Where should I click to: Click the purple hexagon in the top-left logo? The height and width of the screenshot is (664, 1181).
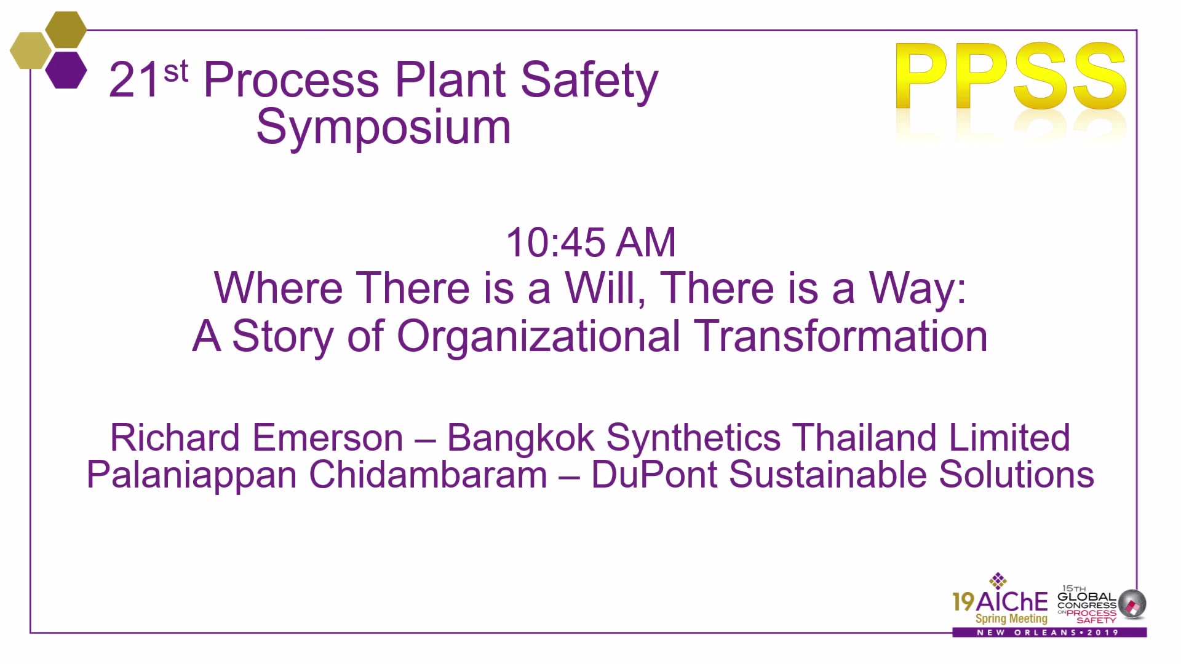(x=66, y=70)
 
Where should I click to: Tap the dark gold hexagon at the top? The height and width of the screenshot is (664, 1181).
(x=66, y=30)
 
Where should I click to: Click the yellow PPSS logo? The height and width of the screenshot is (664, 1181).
(x=1011, y=76)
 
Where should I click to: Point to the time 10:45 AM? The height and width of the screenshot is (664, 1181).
(x=590, y=242)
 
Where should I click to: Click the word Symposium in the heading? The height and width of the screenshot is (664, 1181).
(x=383, y=127)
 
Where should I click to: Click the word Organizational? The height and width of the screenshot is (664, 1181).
(x=538, y=337)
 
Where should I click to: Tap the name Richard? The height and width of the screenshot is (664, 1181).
(x=175, y=438)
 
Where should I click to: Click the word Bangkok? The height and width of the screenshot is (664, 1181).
(x=520, y=438)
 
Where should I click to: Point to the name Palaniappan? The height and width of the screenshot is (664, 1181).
(x=191, y=475)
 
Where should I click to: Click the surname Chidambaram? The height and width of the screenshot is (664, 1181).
(x=428, y=475)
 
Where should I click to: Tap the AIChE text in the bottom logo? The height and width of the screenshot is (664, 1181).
(x=1012, y=601)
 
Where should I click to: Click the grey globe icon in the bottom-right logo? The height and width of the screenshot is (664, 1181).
(x=1132, y=603)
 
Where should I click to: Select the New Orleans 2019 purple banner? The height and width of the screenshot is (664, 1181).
(x=1049, y=632)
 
